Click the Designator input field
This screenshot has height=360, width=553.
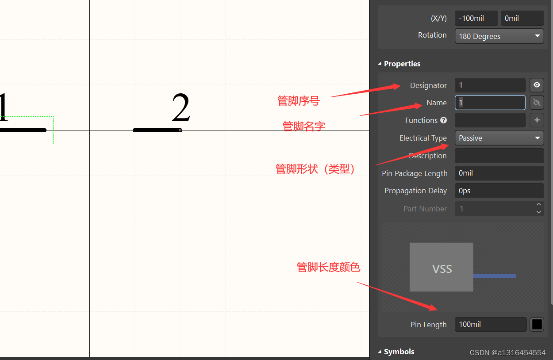[x=490, y=85]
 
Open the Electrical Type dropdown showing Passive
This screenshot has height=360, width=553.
[x=499, y=138]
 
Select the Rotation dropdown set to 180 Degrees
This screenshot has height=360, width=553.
[x=499, y=36]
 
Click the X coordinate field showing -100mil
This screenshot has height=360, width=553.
[x=476, y=18]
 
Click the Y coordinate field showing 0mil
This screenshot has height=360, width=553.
[x=522, y=18]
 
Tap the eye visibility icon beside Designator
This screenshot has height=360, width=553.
[x=537, y=85]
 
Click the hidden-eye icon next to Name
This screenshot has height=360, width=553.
[x=537, y=103]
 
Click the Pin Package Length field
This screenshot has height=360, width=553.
[x=499, y=173]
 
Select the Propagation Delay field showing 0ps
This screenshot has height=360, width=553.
[x=499, y=191]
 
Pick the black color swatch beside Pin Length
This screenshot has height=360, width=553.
[x=537, y=324]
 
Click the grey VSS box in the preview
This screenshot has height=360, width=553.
[x=441, y=267]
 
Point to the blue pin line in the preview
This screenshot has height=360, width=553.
[x=495, y=276]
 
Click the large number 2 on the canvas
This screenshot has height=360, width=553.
[x=181, y=109]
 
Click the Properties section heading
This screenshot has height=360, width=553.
[x=402, y=64]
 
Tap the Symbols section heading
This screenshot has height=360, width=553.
[x=399, y=352]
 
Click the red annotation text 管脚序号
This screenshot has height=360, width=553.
[x=298, y=101]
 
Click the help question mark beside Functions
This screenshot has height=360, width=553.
[x=444, y=120]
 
